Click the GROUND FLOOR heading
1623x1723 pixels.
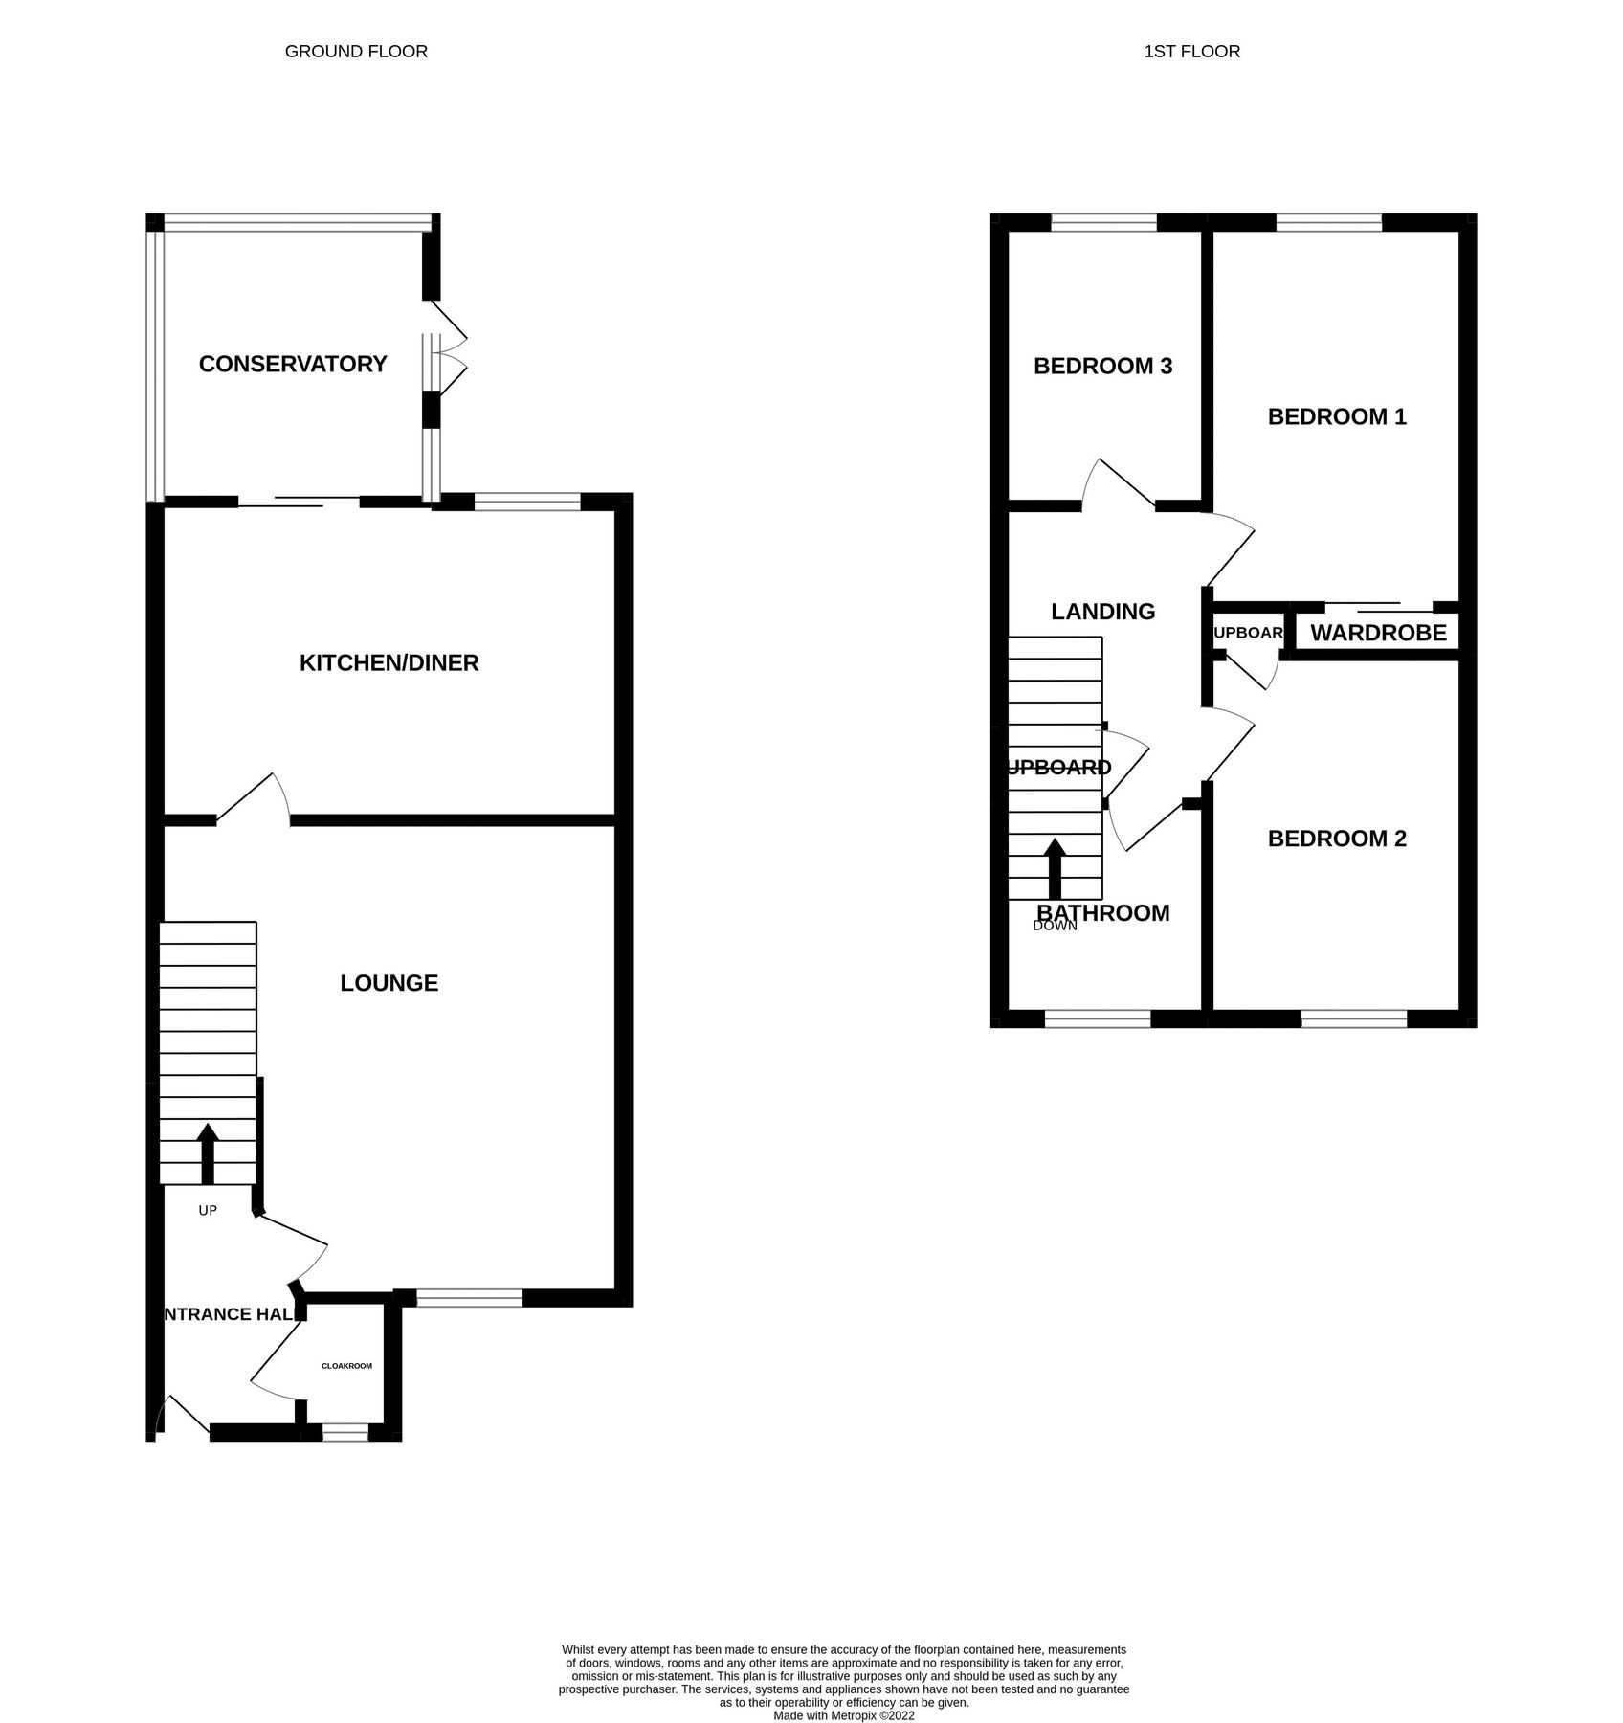click(356, 52)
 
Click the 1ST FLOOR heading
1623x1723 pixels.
click(1191, 52)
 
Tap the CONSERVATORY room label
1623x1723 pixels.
click(293, 364)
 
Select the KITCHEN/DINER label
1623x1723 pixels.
click(389, 662)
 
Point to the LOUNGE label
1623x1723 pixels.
click(389, 983)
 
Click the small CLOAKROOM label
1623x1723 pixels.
click(346, 1366)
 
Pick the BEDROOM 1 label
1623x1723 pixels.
click(1337, 416)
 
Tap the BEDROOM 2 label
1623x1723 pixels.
click(1337, 839)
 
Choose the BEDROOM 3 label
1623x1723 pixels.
click(1102, 366)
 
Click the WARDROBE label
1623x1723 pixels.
click(1378, 633)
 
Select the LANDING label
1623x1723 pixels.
click(1102, 612)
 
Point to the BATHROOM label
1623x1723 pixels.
click(1103, 913)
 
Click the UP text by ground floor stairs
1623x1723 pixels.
click(208, 1210)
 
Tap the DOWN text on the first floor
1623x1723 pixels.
click(1055, 926)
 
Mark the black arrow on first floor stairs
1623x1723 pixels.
click(1055, 867)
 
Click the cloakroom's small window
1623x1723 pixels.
click(345, 1432)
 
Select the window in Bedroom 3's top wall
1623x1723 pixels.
click(1103, 223)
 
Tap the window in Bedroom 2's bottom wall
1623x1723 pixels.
click(1353, 1019)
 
